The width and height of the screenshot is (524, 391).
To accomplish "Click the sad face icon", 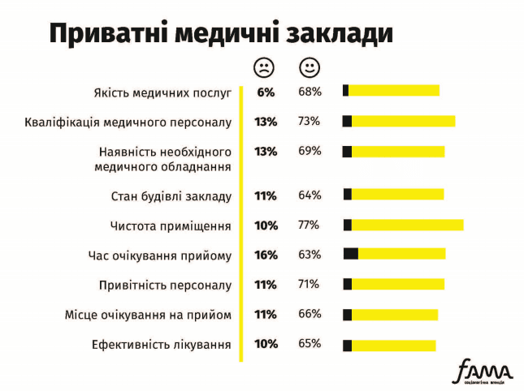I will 265,67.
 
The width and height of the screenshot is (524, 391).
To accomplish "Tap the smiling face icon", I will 310,67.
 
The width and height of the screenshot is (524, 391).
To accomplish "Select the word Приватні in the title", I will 105,33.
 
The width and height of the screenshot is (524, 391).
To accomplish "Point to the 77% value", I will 309,225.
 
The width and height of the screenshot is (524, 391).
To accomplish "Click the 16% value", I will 266,255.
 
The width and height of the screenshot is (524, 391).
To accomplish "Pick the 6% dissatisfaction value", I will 266,92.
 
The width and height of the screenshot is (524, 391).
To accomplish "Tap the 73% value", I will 309,122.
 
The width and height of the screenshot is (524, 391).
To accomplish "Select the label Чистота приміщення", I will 171,226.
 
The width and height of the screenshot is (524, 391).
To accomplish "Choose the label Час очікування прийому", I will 160,255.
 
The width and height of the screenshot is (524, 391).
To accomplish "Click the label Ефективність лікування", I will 162,344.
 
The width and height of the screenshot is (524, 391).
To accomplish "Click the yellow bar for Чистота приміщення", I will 407,225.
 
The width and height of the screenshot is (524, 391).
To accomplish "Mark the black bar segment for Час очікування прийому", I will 351,254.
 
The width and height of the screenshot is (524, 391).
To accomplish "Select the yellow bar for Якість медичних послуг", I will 394,91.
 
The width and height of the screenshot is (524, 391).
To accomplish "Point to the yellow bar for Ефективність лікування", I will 393,345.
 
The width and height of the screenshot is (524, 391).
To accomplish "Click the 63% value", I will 309,255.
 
